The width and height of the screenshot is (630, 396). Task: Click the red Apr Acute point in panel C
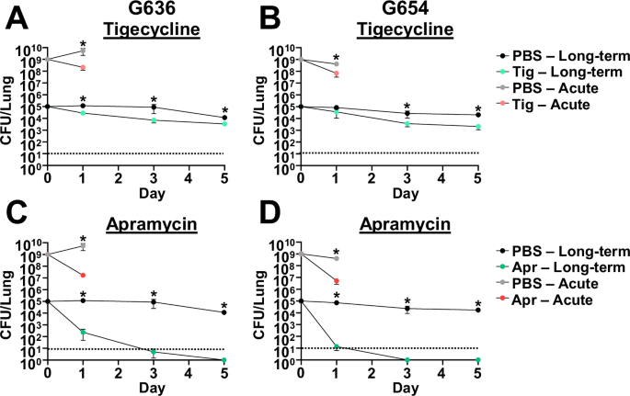point(83,275)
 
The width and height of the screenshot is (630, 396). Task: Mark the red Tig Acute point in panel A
point(83,67)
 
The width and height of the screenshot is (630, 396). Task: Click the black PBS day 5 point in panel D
point(477,311)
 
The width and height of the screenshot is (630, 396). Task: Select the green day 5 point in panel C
point(223,360)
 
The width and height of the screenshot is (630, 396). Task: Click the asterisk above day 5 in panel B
point(477,107)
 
